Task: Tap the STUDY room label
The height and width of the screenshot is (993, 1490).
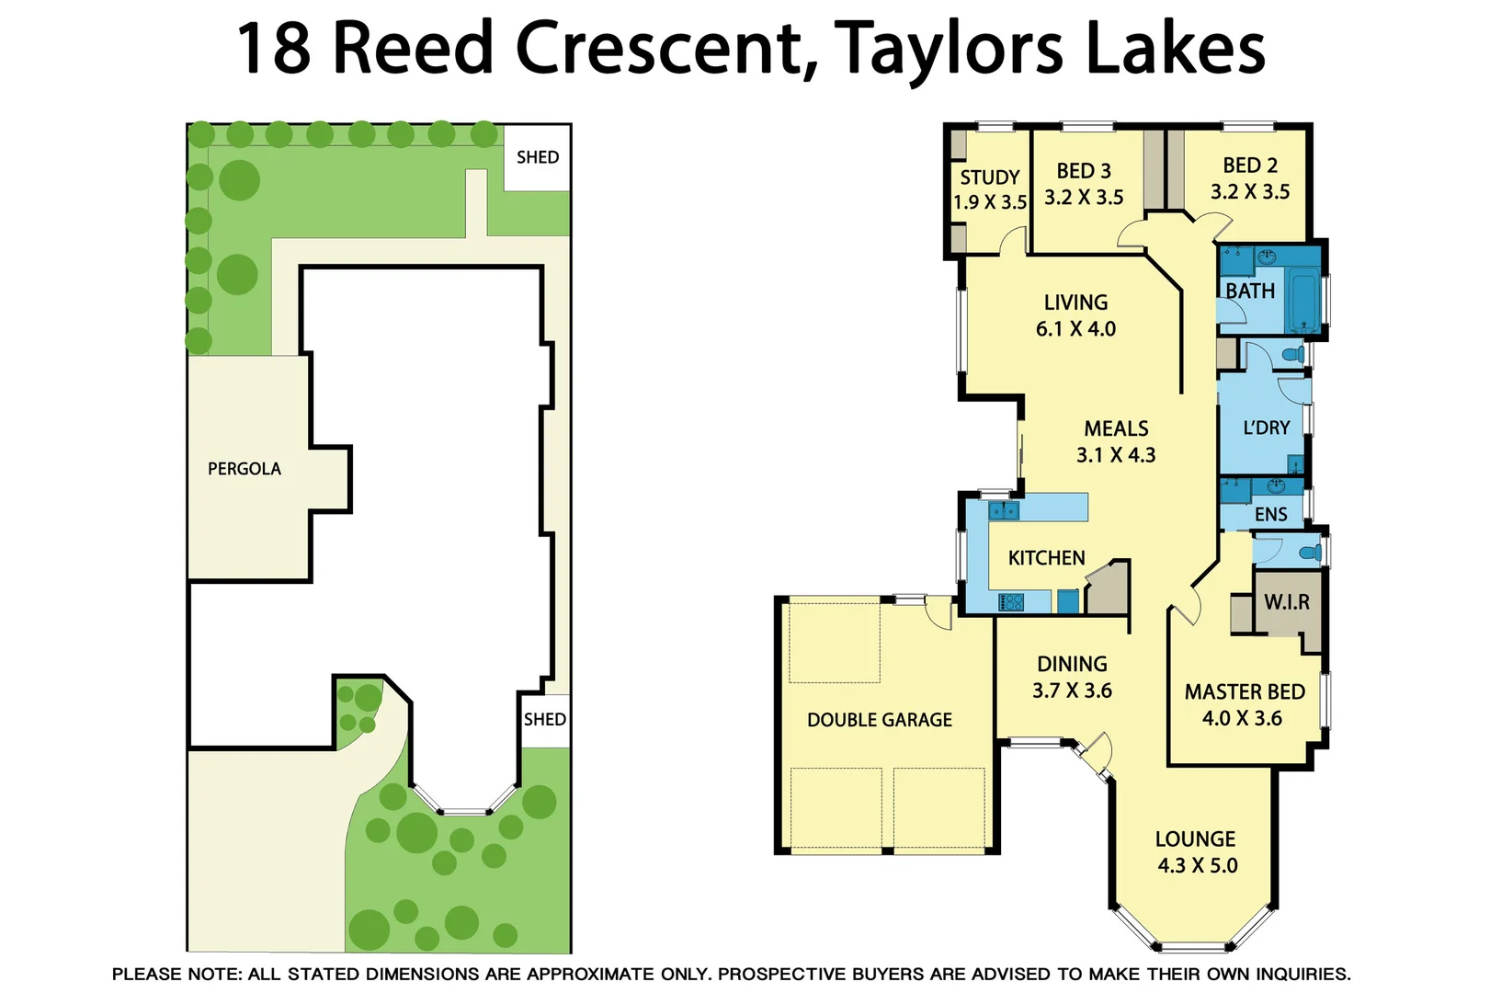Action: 990,177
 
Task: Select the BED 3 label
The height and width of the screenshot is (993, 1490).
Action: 1084,171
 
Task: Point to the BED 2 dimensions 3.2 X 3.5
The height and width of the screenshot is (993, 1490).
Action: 1250,192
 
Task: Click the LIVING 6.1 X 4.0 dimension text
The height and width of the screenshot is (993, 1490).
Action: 1075,329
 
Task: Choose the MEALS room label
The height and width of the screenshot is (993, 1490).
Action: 1116,428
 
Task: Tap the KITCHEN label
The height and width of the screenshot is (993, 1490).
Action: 1046,558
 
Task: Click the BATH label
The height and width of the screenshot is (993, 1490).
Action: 1250,291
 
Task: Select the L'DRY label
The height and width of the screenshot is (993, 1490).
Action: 1266,428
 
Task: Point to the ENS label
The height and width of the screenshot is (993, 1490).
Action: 1271,515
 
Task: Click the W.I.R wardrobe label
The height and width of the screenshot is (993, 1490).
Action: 1286,602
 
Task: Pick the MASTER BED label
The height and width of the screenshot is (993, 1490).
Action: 1245,691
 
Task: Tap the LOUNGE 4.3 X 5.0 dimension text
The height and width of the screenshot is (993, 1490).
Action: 1197,865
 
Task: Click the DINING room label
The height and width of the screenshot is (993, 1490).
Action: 1072,664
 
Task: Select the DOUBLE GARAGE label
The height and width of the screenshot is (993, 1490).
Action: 880,720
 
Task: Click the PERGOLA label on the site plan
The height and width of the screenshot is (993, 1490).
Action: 245,469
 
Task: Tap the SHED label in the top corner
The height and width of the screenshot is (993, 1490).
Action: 538,157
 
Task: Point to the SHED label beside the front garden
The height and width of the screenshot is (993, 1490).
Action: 545,719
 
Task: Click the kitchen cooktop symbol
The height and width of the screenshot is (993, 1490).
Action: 1011,602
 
